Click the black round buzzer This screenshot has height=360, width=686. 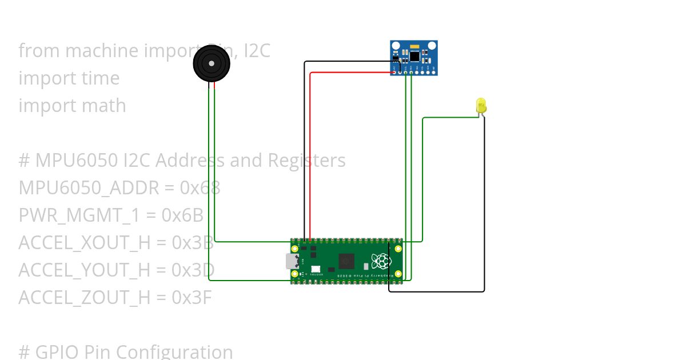point(212,63)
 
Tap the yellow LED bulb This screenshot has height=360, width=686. point(481,105)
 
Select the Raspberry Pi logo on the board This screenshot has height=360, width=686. point(380,261)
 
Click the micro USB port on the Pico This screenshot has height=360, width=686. point(292,261)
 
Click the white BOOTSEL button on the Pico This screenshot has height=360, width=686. point(315,269)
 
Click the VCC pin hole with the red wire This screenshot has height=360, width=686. point(394,72)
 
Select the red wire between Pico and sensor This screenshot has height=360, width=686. point(310,154)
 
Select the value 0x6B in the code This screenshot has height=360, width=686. point(183,215)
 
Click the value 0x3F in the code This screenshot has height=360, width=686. point(193,297)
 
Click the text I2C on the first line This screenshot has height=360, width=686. point(257,51)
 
